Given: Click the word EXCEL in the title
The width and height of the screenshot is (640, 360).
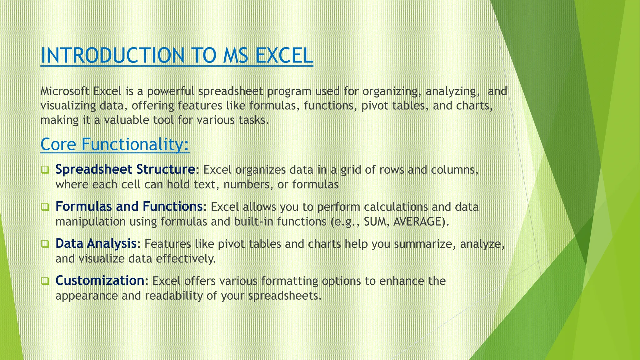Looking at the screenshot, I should pos(284,55).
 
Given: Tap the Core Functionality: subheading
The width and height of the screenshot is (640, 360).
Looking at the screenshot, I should pos(115,144).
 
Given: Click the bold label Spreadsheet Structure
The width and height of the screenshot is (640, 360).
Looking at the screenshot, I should pos(125,169).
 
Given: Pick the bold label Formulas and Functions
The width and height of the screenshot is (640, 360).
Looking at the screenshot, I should pos(129,206).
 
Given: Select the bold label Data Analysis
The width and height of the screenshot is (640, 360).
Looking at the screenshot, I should pos(96,243).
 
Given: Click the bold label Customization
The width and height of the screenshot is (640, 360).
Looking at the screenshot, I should pos(100,280).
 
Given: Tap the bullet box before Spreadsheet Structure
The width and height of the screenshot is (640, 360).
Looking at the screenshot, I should pos(45,170).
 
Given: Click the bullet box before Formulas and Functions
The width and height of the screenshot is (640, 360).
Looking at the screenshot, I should pos(45,207).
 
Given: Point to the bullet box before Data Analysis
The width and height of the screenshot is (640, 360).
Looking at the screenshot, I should pos(45,244).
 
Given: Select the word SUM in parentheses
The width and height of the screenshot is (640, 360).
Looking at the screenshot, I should pos(376,221).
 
